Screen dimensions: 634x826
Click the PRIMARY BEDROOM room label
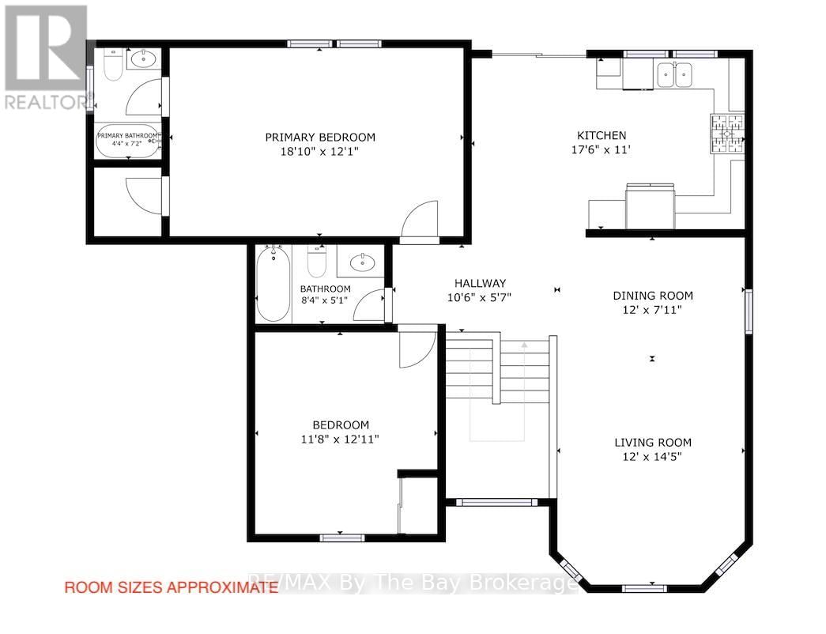click(x=319, y=137)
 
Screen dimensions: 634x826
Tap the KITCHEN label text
click(x=601, y=135)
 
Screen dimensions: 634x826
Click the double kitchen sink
click(x=673, y=75)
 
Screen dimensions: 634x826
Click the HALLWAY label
click(x=480, y=283)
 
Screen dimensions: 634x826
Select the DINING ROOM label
click(x=653, y=296)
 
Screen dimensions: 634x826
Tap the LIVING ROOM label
click(x=653, y=443)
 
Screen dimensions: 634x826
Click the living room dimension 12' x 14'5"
click(x=653, y=456)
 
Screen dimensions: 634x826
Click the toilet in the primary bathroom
click(x=112, y=66)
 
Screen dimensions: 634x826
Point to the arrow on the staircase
click(x=524, y=345)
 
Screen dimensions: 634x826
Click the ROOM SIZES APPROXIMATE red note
click(x=171, y=587)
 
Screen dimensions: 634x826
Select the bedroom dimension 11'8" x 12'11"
click(x=340, y=439)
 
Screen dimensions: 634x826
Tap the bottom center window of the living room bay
click(x=643, y=588)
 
